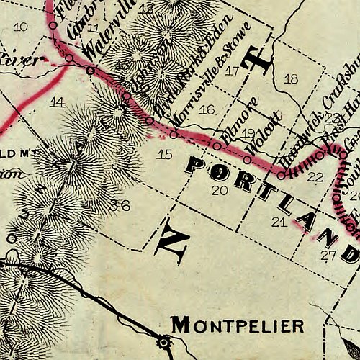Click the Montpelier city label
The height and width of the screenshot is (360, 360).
coord(237,327)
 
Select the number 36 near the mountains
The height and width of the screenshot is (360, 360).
coord(120,206)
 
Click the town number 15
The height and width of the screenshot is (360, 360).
coord(165,154)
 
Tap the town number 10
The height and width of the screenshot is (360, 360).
coord(21,27)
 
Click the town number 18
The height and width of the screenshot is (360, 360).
coord(291,78)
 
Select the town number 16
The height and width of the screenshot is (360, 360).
coord(207,109)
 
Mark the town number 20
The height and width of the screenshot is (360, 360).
coord(220,190)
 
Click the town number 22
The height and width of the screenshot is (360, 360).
coord(315,176)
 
